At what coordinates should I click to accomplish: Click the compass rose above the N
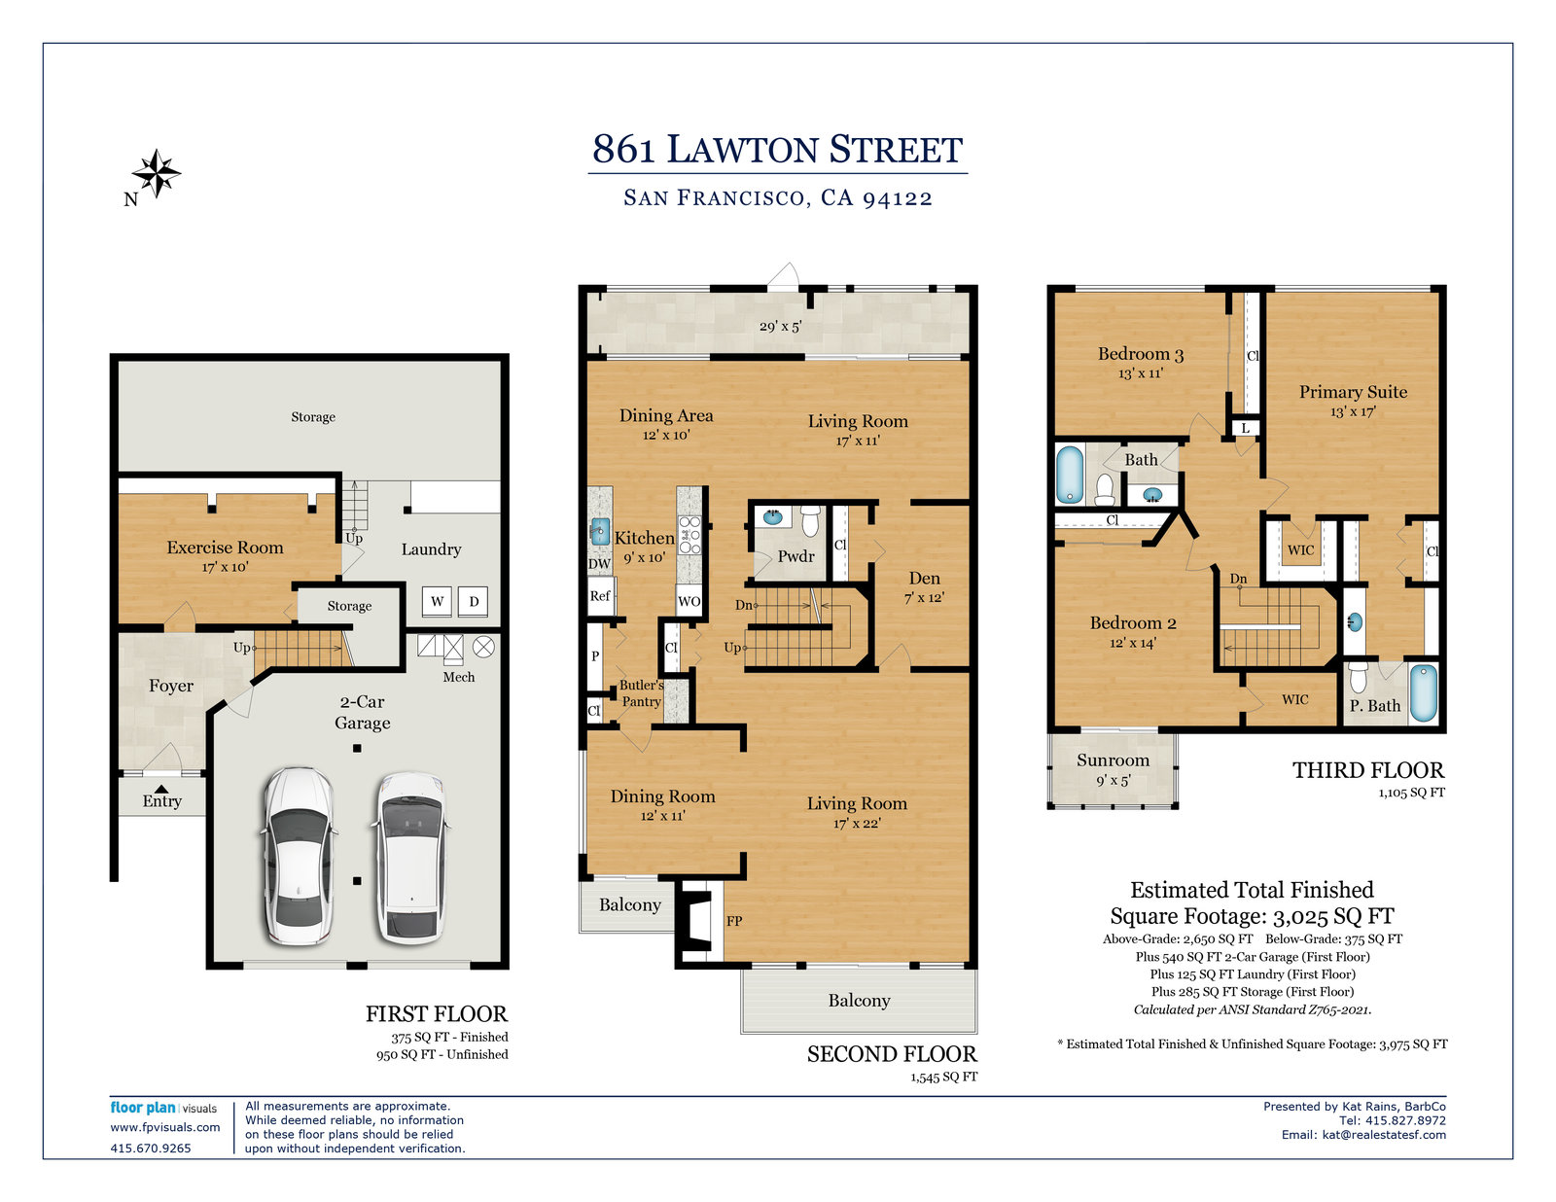click(x=157, y=172)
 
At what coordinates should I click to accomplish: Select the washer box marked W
click(x=437, y=601)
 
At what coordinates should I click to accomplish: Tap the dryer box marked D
click(x=474, y=601)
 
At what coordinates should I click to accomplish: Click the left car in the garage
click(x=298, y=856)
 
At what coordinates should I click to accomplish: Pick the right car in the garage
click(x=410, y=858)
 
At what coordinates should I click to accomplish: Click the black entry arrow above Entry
click(x=162, y=789)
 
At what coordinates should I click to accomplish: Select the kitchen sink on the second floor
click(x=600, y=532)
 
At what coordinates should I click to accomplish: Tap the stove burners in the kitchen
click(x=690, y=535)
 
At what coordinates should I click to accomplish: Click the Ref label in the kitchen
click(x=600, y=595)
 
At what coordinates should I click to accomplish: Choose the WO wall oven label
click(x=689, y=601)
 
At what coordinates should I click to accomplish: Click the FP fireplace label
click(x=734, y=921)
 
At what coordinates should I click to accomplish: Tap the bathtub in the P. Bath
click(x=1424, y=692)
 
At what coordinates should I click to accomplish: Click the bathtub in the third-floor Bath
click(x=1070, y=475)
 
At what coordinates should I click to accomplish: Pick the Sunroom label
click(x=1113, y=760)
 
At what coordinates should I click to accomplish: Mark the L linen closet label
click(x=1245, y=428)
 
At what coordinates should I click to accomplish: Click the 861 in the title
click(x=623, y=149)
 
